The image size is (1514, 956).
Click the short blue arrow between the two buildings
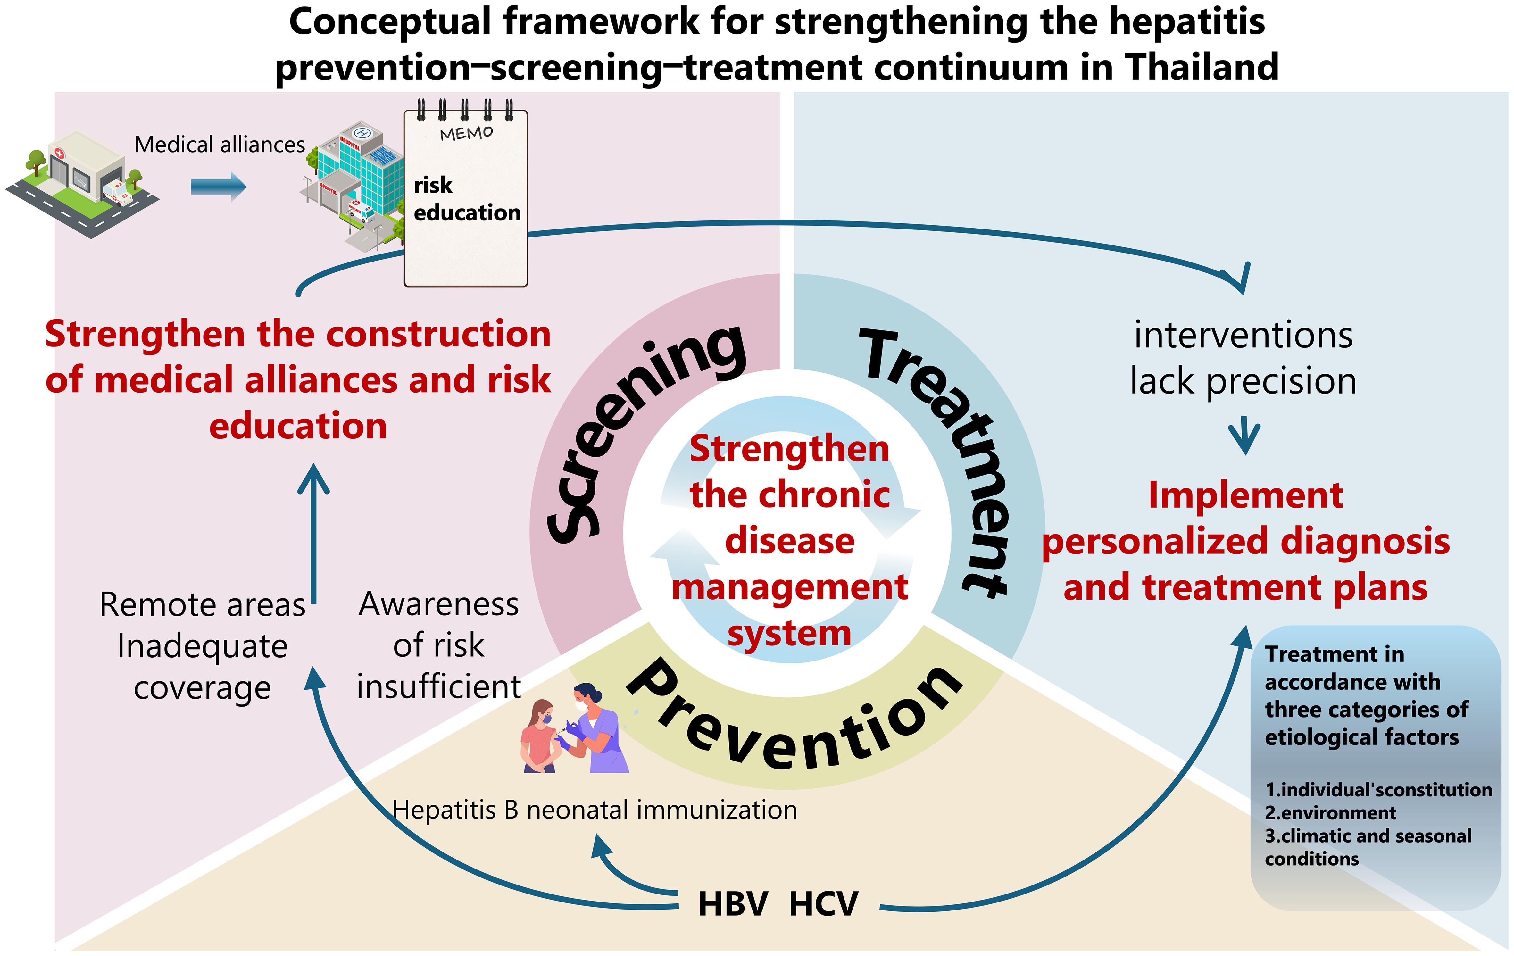(218, 187)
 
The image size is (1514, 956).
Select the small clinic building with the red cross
(82, 184)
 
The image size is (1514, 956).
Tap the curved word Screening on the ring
(641, 434)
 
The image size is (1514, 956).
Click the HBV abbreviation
(733, 904)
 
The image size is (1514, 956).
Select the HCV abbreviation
(823, 904)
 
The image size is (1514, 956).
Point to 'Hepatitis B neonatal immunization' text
(595, 810)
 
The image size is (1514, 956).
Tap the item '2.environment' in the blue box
(1330, 813)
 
